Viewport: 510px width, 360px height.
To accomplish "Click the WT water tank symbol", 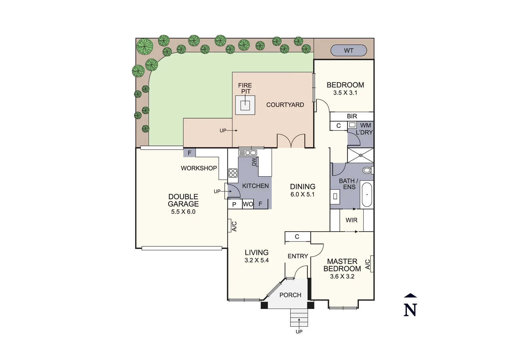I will tap(349, 51).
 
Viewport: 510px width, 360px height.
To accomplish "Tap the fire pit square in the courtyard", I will tap(245, 105).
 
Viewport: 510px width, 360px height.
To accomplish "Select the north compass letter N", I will tap(410, 310).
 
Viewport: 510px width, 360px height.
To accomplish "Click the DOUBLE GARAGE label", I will tap(183, 200).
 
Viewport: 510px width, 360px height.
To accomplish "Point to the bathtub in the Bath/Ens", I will tap(367, 194).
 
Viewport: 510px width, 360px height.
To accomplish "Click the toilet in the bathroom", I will tap(367, 170).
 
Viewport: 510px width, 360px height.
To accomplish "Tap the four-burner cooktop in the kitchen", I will tap(233, 173).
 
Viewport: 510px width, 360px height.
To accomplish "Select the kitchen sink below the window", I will tap(247, 153).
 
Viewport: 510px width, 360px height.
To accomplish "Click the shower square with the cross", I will tap(361, 155).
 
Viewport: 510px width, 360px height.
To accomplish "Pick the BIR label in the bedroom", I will tap(352, 116).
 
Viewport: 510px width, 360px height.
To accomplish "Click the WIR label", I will tap(352, 220).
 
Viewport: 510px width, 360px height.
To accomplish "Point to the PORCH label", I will tap(290, 295).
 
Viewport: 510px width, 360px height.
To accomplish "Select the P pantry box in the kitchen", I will tap(234, 204).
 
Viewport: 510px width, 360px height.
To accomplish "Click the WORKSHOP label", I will tap(199, 168).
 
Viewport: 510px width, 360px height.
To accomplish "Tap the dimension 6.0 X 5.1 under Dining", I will tap(303, 195).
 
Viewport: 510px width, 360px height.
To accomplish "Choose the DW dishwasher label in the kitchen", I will tap(254, 162).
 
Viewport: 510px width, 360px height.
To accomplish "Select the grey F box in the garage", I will tap(189, 153).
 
